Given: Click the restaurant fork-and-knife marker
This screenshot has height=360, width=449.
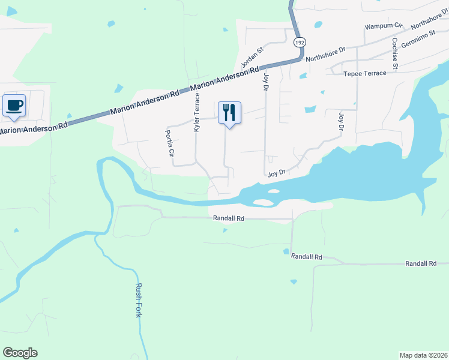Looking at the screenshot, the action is tap(229, 112).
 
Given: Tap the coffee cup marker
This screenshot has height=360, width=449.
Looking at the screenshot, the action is tap(14, 106).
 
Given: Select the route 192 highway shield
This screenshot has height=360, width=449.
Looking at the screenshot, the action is tap(300, 43).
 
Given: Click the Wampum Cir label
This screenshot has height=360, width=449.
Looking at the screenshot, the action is tap(383, 26).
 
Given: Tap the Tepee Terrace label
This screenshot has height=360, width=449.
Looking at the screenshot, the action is tap(365, 73).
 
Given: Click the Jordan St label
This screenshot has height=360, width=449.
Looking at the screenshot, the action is tap(252, 58).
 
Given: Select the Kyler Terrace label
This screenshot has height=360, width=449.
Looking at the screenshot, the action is tap(196, 112).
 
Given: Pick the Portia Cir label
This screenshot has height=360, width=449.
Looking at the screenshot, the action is tap(170, 144).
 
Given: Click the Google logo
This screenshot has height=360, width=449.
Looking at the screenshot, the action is tap(20, 353).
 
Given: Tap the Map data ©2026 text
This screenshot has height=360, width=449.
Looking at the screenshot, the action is tap(423, 355).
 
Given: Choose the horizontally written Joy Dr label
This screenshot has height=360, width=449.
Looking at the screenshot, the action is tap(276, 173).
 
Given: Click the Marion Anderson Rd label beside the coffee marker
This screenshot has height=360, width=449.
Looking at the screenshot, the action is tap(34, 128).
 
